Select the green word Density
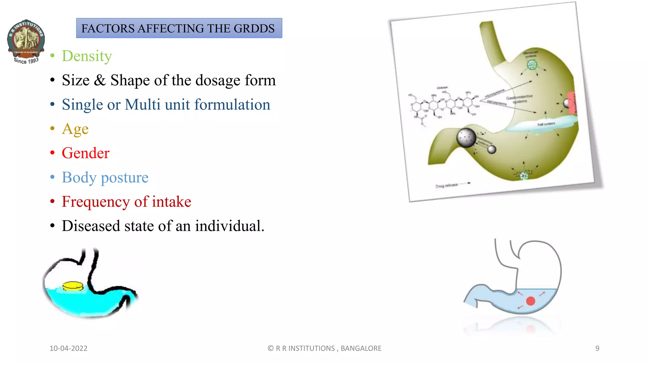(x=87, y=56)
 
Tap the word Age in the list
(x=75, y=129)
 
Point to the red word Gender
(x=86, y=153)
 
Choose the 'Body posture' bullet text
(x=105, y=177)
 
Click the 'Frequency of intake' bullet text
(x=126, y=202)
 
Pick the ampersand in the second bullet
(x=100, y=80)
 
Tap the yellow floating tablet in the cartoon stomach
(x=73, y=286)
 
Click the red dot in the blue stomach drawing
(x=530, y=301)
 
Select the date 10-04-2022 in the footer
(x=68, y=348)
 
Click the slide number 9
(x=597, y=348)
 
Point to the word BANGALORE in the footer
(x=361, y=348)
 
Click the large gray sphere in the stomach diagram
(x=466, y=138)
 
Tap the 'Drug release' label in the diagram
(x=447, y=185)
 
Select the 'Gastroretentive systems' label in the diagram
(x=519, y=99)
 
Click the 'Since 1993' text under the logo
(x=26, y=61)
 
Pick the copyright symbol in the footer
(x=271, y=348)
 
